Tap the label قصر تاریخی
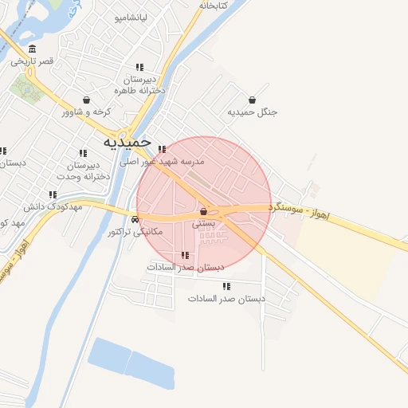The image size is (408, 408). pyautogui.click(x=37, y=61)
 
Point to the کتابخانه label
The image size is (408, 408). pyautogui.click(x=213, y=6)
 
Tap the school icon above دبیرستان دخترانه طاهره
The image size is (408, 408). pyautogui.click(x=139, y=68)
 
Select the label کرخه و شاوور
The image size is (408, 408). pyautogui.click(x=86, y=112)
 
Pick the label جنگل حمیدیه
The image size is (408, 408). pyautogui.click(x=253, y=112)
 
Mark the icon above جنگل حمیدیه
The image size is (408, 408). pyautogui.click(x=253, y=100)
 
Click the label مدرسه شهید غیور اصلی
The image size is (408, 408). pyautogui.click(x=163, y=161)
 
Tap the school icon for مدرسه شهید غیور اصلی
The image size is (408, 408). pyautogui.click(x=162, y=149)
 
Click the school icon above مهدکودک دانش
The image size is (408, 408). pyautogui.click(x=53, y=194)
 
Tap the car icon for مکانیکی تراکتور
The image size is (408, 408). pyautogui.click(x=135, y=219)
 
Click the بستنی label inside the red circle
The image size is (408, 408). pyautogui.click(x=204, y=225)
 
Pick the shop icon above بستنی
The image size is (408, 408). pyautogui.click(x=204, y=212)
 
